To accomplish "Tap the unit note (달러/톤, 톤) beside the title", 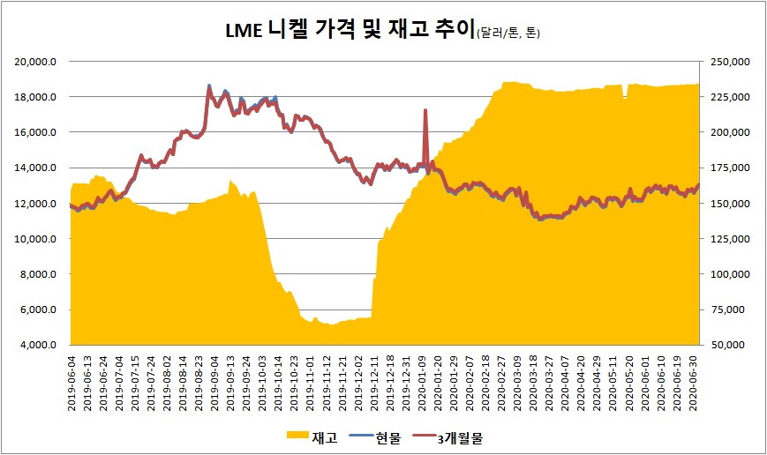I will [508, 34].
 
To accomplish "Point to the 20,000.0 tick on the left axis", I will [38, 62].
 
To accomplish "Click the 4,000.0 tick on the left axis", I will [40, 346].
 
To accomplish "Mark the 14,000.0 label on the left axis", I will [38, 168].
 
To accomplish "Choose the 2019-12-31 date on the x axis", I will [408, 381].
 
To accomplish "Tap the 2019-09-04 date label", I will [215, 381].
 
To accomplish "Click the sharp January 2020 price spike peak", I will [425, 110].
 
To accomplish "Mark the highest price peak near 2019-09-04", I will [209, 86].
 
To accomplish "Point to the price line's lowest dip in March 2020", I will [540, 219].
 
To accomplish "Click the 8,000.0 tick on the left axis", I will [40, 274].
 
